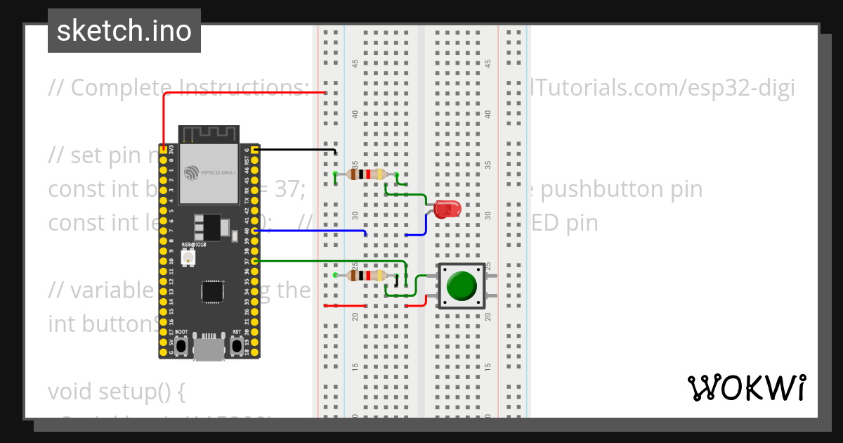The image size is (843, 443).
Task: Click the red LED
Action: (446, 209)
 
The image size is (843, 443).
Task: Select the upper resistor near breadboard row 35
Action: (366, 174)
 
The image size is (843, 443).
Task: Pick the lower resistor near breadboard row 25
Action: (366, 275)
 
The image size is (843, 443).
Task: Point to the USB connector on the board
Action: (209, 349)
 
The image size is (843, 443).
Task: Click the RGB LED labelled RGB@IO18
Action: (188, 259)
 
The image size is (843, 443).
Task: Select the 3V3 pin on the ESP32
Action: (163, 150)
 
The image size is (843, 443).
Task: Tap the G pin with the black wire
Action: (255, 150)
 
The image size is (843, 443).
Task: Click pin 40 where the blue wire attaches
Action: (255, 231)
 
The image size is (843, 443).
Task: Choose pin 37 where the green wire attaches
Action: (255, 261)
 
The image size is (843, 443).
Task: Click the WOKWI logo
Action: (746, 388)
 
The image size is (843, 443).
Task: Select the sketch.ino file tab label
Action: (124, 31)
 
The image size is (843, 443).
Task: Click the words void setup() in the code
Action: (116, 391)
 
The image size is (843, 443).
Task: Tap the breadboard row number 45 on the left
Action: (355, 63)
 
